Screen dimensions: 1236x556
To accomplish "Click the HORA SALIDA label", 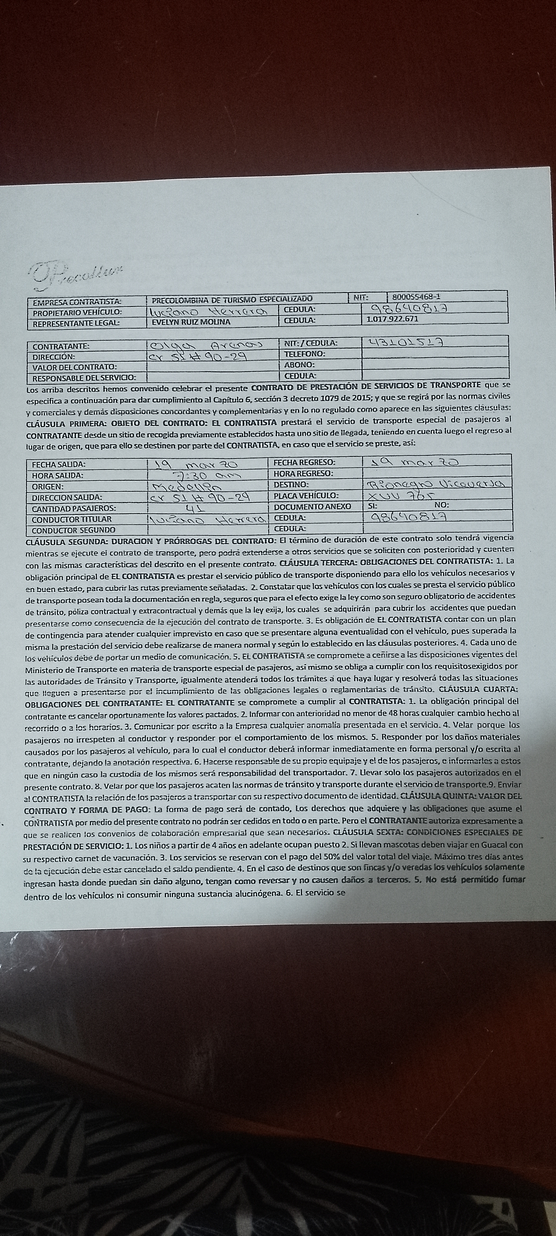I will pos(58,475).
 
